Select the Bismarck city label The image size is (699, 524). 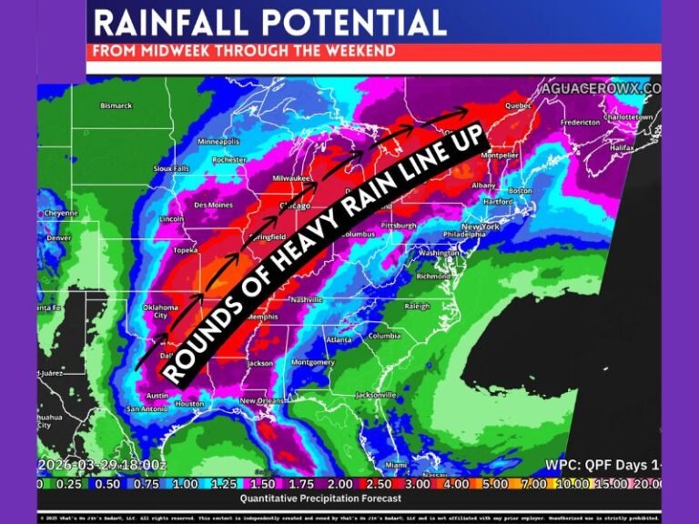[x=116, y=106]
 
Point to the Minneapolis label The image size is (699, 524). [x=218, y=142]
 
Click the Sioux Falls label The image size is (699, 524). [x=170, y=168]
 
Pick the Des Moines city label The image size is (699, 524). [x=212, y=205]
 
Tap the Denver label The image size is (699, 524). [x=58, y=238]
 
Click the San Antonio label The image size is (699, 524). [x=143, y=408]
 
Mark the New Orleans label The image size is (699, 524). [x=264, y=401]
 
